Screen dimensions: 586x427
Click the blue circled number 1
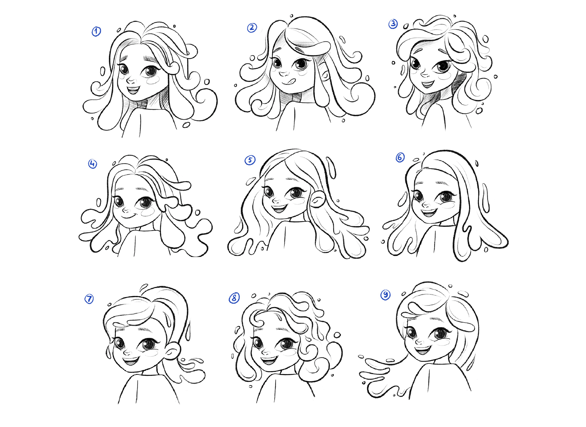(96, 31)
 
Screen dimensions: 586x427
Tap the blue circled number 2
(252, 28)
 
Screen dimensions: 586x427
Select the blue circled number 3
(393, 24)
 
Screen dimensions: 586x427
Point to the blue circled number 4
(92, 164)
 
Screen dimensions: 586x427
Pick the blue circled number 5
(250, 160)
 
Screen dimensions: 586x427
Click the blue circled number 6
(400, 157)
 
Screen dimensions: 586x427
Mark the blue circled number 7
(89, 299)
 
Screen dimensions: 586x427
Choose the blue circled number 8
(234, 298)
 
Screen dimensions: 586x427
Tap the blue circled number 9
(385, 295)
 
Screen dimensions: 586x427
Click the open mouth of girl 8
(269, 361)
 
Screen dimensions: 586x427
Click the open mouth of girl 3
(428, 84)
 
